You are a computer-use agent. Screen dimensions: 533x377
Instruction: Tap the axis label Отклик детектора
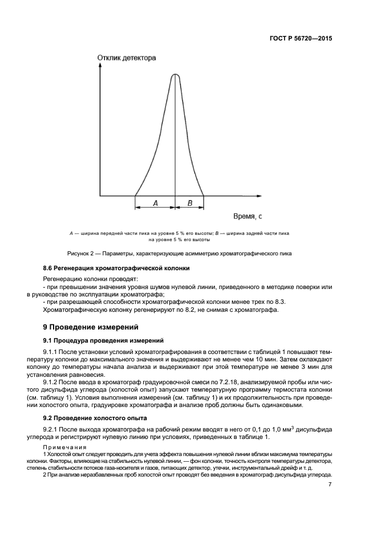point(127,58)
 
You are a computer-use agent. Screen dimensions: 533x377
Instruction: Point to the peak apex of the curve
point(175,75)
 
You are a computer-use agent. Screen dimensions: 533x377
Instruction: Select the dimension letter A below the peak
point(155,202)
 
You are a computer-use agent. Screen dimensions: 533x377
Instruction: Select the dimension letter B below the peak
point(190,202)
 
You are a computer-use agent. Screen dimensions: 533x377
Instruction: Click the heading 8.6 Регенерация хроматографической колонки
point(117,268)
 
